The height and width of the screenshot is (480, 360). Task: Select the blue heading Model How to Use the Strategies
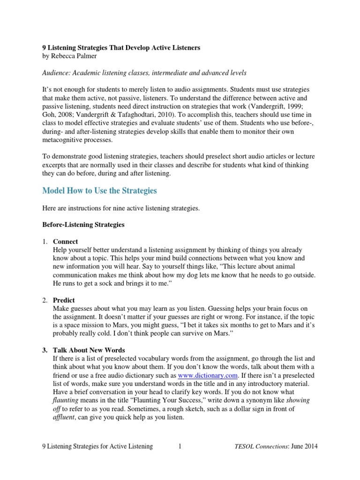(99, 191)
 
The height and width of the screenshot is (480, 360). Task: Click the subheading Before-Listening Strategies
(83, 225)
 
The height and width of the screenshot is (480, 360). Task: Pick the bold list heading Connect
(66, 241)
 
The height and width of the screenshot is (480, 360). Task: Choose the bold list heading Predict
(64, 300)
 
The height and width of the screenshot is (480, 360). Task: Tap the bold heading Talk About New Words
(89, 350)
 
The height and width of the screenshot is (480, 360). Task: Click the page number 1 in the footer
(180, 447)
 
